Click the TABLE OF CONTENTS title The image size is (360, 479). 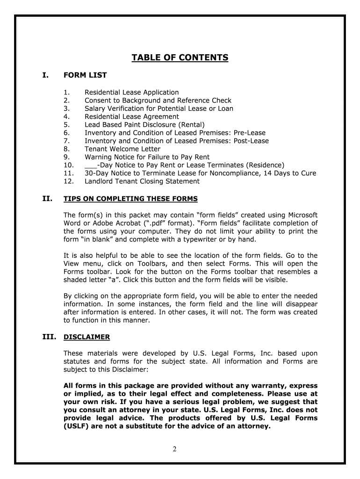180,58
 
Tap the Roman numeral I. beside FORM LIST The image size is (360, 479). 45,75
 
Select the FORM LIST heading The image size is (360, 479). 85,75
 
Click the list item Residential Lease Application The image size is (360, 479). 131,93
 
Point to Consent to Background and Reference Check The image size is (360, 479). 158,101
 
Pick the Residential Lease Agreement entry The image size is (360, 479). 131,116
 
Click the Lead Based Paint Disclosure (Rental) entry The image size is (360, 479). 144,124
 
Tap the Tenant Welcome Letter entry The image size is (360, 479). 122,149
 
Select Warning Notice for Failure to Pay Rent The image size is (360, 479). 147,157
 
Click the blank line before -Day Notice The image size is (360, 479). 90,166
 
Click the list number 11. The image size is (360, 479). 68,173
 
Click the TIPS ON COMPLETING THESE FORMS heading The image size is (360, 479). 130,199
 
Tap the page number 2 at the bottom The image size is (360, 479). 174,450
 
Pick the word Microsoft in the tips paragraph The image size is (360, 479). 300,215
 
